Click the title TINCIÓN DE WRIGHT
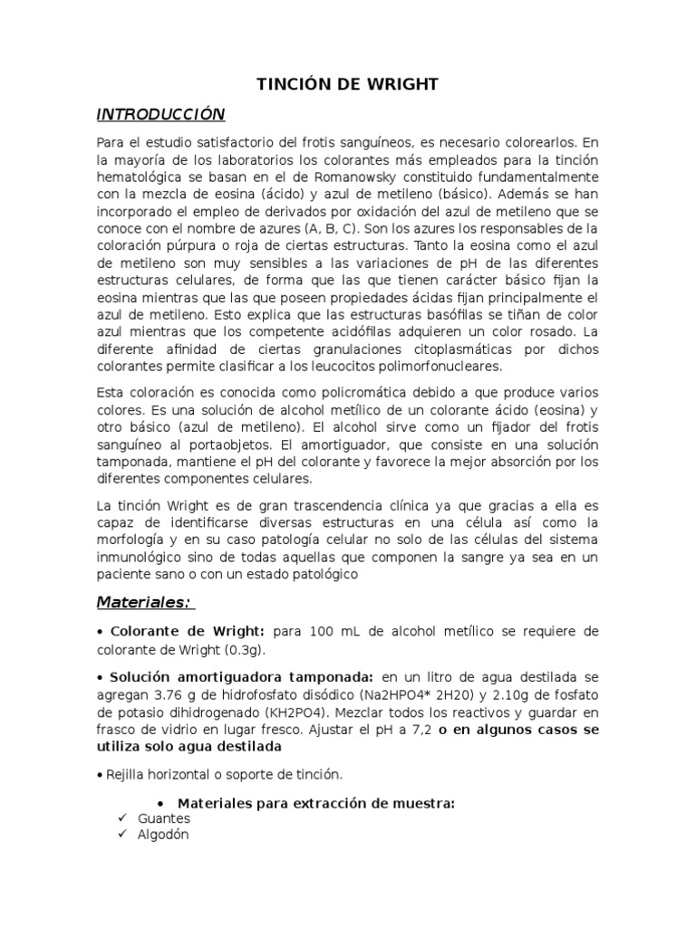point(348,84)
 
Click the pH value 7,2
point(418,729)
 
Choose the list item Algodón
point(163,835)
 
